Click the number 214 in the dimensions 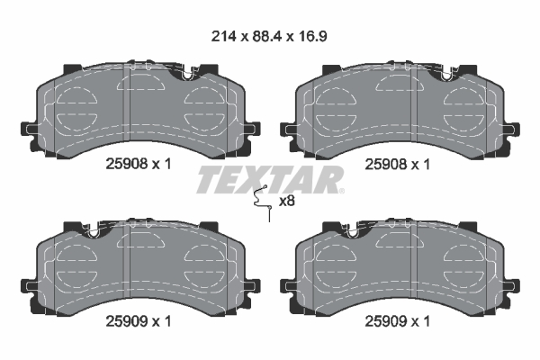[224, 36]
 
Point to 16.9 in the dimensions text [311, 36]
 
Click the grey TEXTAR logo [269, 179]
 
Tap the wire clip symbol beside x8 [263, 202]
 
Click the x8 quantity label [286, 201]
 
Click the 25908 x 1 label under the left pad [139, 164]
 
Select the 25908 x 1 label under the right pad [398, 164]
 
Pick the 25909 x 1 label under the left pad [139, 321]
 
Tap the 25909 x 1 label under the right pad [398, 321]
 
